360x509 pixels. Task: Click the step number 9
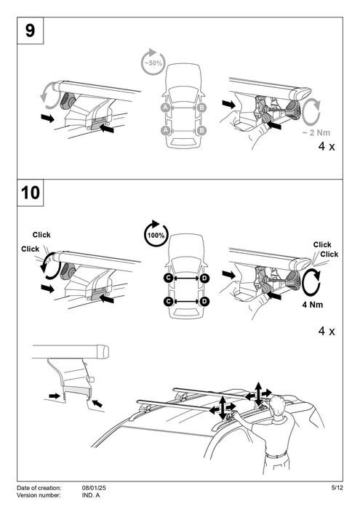30,31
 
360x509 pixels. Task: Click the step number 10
31,193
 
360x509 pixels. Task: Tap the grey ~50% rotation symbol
153,62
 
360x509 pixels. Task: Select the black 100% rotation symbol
156,234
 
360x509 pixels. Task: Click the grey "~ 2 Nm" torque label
316,132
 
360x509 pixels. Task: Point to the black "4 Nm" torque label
313,305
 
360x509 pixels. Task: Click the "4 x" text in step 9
327,146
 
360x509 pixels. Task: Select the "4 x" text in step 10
327,331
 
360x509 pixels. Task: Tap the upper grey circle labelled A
166,108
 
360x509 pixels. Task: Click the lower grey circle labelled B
201,130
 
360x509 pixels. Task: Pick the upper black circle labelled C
169,278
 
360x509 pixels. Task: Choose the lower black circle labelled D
204,302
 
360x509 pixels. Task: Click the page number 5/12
337,488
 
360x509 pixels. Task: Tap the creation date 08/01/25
94,488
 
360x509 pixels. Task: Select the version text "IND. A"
91,495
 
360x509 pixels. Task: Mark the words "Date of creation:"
39,488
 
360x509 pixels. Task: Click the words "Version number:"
39,495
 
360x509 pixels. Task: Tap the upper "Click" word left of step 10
41,235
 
